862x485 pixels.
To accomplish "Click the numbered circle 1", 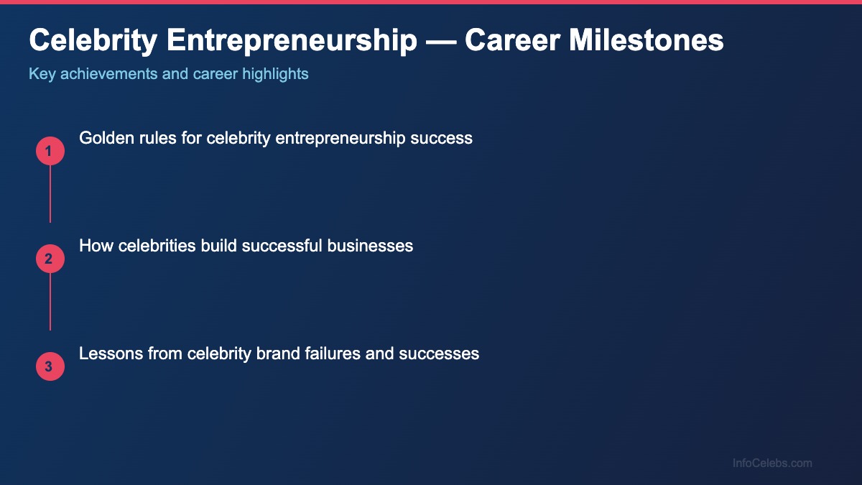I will click(x=50, y=151).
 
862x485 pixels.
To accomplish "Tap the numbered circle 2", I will click(x=50, y=259).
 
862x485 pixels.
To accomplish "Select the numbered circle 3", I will click(x=50, y=366).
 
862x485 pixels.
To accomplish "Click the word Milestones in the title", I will click(x=646, y=40).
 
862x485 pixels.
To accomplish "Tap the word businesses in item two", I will click(x=370, y=246).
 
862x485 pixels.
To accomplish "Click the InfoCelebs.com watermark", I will click(x=772, y=463).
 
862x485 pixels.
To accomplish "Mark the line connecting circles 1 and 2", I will click(x=50, y=194).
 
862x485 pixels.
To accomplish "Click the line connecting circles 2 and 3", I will click(x=50, y=302).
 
